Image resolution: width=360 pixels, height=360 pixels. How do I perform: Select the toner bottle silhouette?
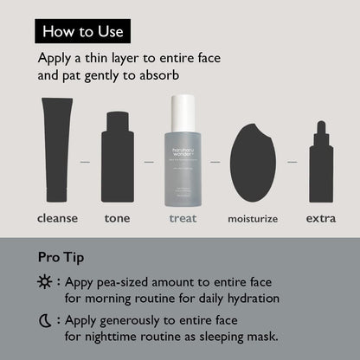click(118, 157)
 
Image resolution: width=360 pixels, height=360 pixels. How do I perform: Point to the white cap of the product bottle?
click(182, 112)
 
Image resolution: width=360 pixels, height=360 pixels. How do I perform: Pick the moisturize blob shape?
click(252, 163)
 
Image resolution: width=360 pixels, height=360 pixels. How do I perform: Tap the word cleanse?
click(57, 218)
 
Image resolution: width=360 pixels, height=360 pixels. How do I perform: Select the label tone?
click(118, 218)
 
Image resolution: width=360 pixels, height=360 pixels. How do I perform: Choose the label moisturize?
click(252, 219)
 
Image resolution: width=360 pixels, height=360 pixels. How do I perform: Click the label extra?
click(321, 218)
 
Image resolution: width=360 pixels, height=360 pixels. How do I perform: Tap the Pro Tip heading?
click(61, 257)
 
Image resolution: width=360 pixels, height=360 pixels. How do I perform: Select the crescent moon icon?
click(43, 321)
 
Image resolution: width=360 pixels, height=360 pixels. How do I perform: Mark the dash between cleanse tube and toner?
click(86, 162)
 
